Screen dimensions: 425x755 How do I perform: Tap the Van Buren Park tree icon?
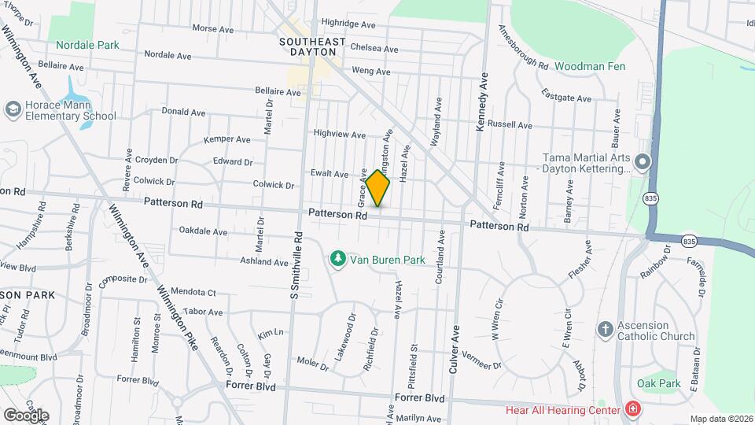(337, 258)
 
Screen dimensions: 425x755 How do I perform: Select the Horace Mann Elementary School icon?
(13, 109)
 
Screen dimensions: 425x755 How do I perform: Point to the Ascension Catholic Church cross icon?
(605, 329)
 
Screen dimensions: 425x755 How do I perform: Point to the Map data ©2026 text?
(721, 419)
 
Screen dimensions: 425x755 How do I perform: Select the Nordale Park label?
(87, 45)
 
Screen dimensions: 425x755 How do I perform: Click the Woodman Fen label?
(590, 67)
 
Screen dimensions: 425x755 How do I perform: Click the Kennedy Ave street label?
(482, 102)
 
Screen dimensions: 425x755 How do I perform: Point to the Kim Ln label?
(269, 334)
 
